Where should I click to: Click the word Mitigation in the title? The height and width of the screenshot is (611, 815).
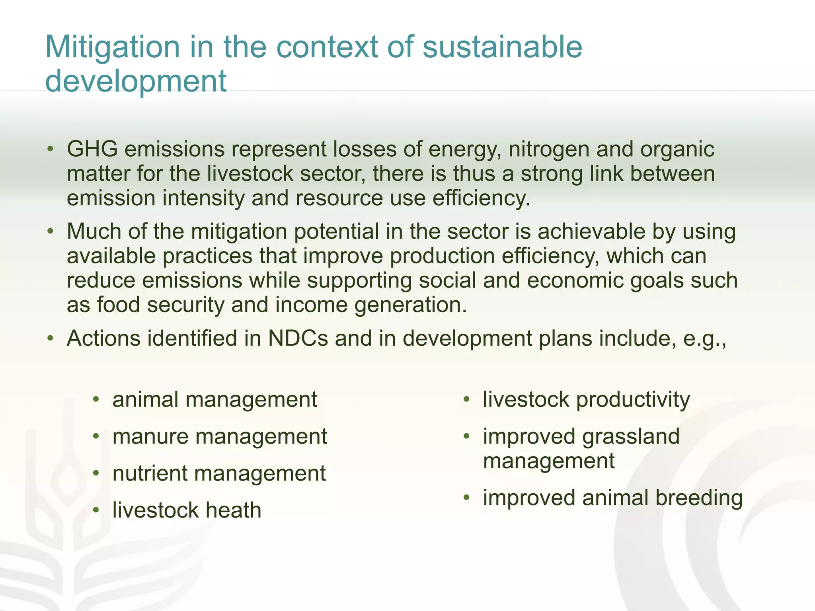tap(113, 47)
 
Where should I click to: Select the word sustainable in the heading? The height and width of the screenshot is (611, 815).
tap(502, 47)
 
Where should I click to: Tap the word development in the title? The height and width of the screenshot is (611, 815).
tap(136, 81)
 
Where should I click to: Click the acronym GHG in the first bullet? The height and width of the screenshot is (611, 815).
tap(92, 149)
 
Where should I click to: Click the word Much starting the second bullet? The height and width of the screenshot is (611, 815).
tap(94, 232)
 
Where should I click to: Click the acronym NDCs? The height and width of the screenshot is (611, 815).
tap(298, 339)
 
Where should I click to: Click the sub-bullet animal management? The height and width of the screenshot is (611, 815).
tap(214, 400)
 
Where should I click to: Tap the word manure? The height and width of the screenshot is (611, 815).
tap(150, 437)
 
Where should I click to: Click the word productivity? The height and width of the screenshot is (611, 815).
tap(633, 400)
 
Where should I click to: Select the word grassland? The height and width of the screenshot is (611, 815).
tap(631, 437)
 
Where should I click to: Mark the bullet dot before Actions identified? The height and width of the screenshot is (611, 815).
tap(50, 338)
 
